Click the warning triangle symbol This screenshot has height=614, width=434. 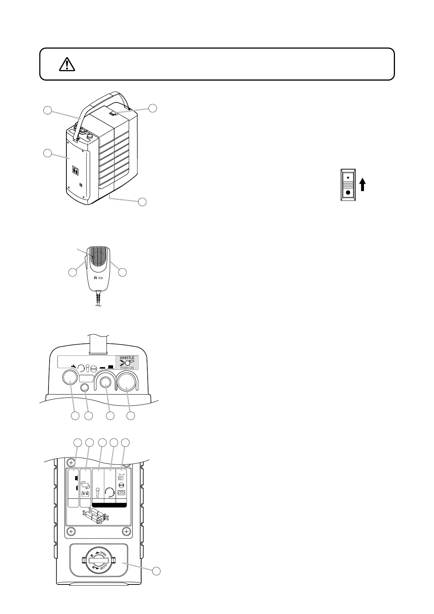coord(66,65)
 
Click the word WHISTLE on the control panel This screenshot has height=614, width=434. coord(127,358)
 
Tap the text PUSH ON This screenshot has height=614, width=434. coord(127,368)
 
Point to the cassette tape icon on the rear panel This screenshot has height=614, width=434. coord(121,493)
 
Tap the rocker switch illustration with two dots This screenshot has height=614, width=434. coord(348,185)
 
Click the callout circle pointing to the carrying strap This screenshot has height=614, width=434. coord(47,110)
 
